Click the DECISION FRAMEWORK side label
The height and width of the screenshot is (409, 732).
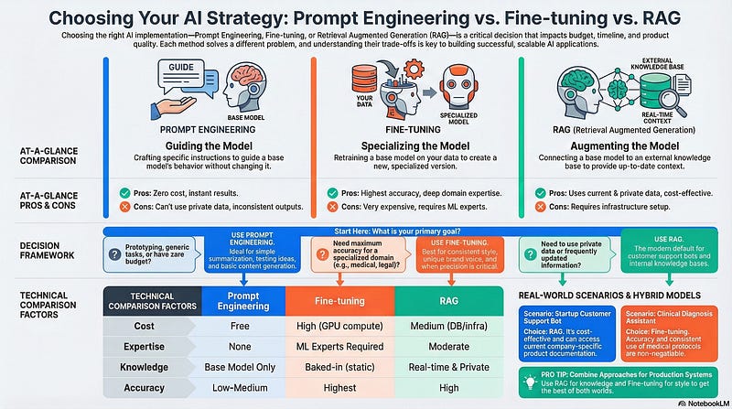coord(48,251)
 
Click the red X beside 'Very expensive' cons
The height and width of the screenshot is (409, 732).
coord(333,208)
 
